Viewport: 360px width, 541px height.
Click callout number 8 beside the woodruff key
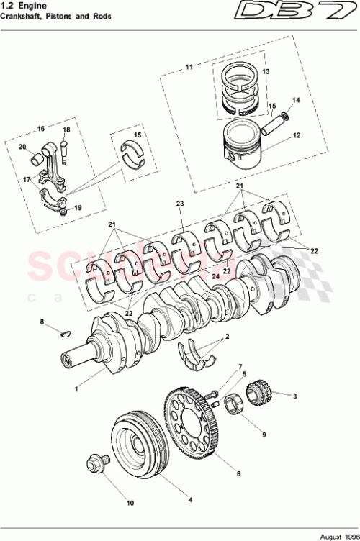pos(42,321)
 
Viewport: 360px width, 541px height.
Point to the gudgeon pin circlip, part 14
pos(287,115)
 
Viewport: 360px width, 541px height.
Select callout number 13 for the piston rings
pos(265,72)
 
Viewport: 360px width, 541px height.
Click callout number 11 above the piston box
pos(189,67)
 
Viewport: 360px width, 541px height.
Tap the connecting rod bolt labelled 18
pos(66,152)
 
